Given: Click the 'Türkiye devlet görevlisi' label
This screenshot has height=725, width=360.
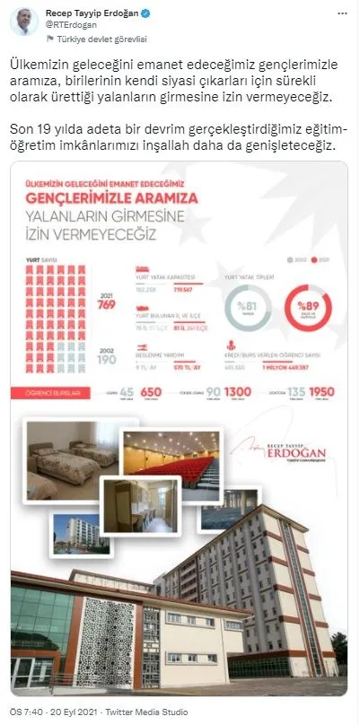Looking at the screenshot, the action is (x=89, y=39).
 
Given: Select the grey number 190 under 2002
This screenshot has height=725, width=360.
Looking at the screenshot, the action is (x=108, y=359).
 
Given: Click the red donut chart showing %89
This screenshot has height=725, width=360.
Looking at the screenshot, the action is (x=309, y=310).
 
